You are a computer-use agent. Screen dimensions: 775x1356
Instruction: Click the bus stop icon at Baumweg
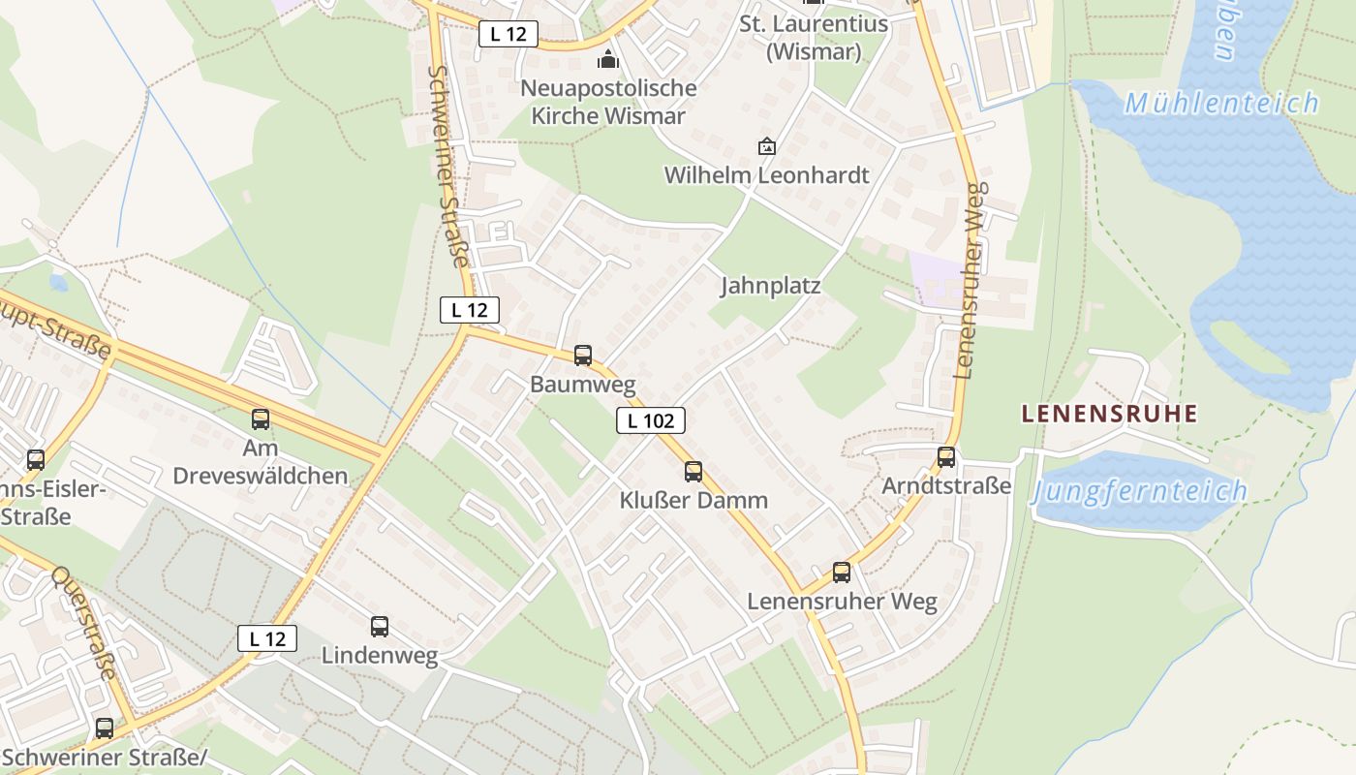[x=583, y=356]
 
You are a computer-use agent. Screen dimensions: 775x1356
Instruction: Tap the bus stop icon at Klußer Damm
[x=693, y=472]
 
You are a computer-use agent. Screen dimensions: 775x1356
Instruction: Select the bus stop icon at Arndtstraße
[x=946, y=457]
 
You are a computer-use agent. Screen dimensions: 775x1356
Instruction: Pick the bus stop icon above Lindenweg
[x=380, y=627]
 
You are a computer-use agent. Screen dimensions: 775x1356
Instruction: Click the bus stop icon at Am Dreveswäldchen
[x=261, y=419]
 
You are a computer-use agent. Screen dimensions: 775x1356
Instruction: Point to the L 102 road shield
[x=651, y=420]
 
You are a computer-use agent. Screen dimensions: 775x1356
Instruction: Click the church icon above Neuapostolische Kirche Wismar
[x=608, y=60]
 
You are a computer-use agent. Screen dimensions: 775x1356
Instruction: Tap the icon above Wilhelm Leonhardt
[x=767, y=146]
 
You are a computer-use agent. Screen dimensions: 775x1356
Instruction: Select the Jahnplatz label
[x=771, y=286]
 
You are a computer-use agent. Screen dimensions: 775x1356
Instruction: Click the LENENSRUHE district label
[x=1110, y=414]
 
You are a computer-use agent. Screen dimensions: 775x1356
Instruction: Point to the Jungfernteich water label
[x=1140, y=491]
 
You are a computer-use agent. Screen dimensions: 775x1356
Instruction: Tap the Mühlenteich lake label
[x=1222, y=103]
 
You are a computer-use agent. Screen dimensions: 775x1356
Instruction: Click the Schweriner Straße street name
[x=449, y=167]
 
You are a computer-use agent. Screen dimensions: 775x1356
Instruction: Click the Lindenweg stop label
[x=380, y=656]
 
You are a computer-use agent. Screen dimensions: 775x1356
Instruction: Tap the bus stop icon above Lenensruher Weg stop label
[x=842, y=573]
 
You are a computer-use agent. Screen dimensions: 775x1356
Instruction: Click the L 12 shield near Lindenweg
[x=267, y=638]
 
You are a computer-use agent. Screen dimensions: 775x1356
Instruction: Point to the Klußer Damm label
[x=693, y=501]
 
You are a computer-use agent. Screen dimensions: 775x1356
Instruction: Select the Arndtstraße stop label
[x=946, y=485]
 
